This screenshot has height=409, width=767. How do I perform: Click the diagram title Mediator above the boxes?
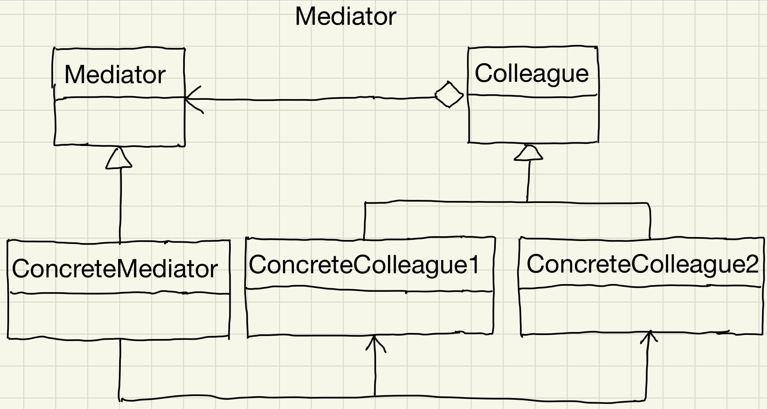[345, 16]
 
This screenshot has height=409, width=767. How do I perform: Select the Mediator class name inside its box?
[115, 75]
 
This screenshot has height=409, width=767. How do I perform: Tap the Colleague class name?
[531, 73]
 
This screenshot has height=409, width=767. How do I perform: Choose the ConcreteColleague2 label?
[642, 264]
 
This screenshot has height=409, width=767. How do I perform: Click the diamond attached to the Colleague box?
[449, 95]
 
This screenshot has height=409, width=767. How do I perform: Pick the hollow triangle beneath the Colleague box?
[529, 153]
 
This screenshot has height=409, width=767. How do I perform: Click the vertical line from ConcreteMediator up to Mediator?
[120, 204]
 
